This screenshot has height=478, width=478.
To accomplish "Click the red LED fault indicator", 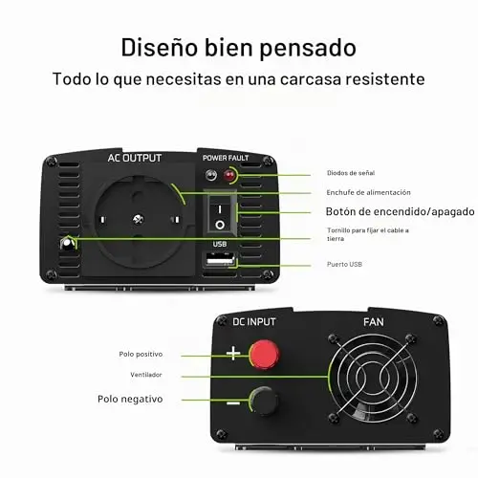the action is [228, 175].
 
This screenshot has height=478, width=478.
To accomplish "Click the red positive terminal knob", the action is [264, 355].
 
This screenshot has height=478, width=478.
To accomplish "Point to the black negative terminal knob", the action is [264, 401].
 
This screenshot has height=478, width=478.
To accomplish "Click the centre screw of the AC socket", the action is [138, 219].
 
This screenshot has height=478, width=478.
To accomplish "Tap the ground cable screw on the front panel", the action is [67, 244].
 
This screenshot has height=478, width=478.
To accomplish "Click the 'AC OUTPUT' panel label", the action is [135, 158].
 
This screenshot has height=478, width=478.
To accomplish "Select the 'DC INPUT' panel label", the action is [253, 322].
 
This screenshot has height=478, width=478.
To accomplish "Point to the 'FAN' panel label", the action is [374, 322].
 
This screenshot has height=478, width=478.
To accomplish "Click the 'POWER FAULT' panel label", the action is [226, 158].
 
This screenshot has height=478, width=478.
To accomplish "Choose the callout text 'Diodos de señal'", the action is [351, 173].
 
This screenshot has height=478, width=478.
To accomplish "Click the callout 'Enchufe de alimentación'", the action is [368, 192].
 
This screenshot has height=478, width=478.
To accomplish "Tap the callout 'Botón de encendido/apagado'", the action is [400, 211].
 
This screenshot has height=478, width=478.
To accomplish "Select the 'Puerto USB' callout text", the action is [344, 264].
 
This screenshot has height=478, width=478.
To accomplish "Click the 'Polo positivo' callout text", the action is [141, 354].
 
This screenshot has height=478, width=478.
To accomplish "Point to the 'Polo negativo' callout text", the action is [130, 399].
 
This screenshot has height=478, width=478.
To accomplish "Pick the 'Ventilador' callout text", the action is [146, 375].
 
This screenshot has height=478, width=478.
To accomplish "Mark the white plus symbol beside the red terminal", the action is [233, 354].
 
